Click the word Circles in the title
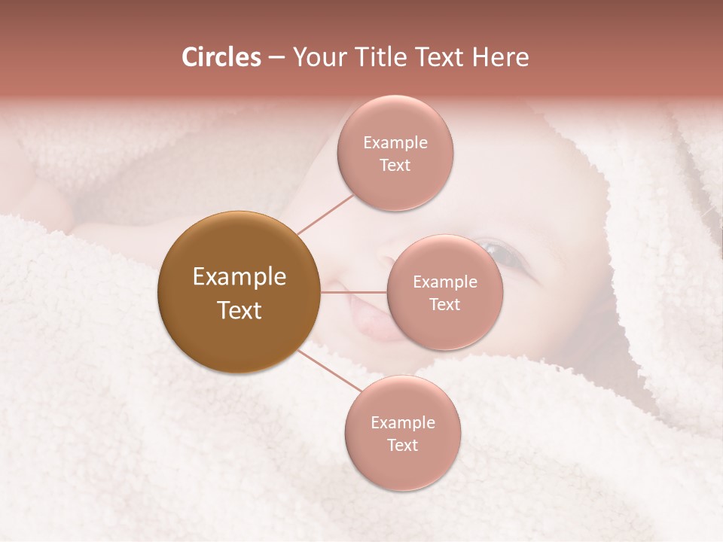[221, 57]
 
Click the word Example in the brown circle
[239, 277]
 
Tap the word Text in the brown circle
[239, 310]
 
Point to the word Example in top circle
[395, 142]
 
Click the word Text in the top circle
[395, 165]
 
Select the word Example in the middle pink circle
[444, 282]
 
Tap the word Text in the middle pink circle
[444, 304]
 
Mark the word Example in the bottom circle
[402, 422]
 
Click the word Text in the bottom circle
[402, 445]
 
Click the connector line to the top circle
[325, 214]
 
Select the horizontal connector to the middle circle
[354, 292]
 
